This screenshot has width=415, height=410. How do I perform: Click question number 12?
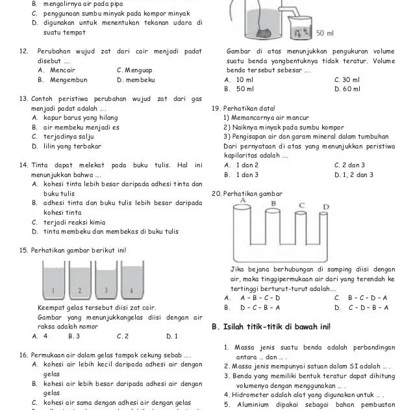(x=23, y=51)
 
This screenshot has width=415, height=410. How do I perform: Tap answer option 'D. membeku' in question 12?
(x=136, y=80)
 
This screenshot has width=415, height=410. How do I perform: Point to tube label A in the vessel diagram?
(x=242, y=200)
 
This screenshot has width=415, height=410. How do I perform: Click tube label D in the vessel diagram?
(x=326, y=208)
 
